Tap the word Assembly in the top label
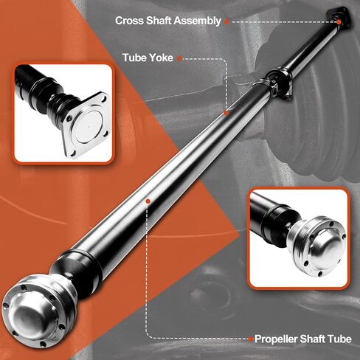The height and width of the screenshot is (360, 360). [195, 21]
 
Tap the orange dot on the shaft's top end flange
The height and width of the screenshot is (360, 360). [339, 21]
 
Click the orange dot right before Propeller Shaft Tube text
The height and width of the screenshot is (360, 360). [249, 339]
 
